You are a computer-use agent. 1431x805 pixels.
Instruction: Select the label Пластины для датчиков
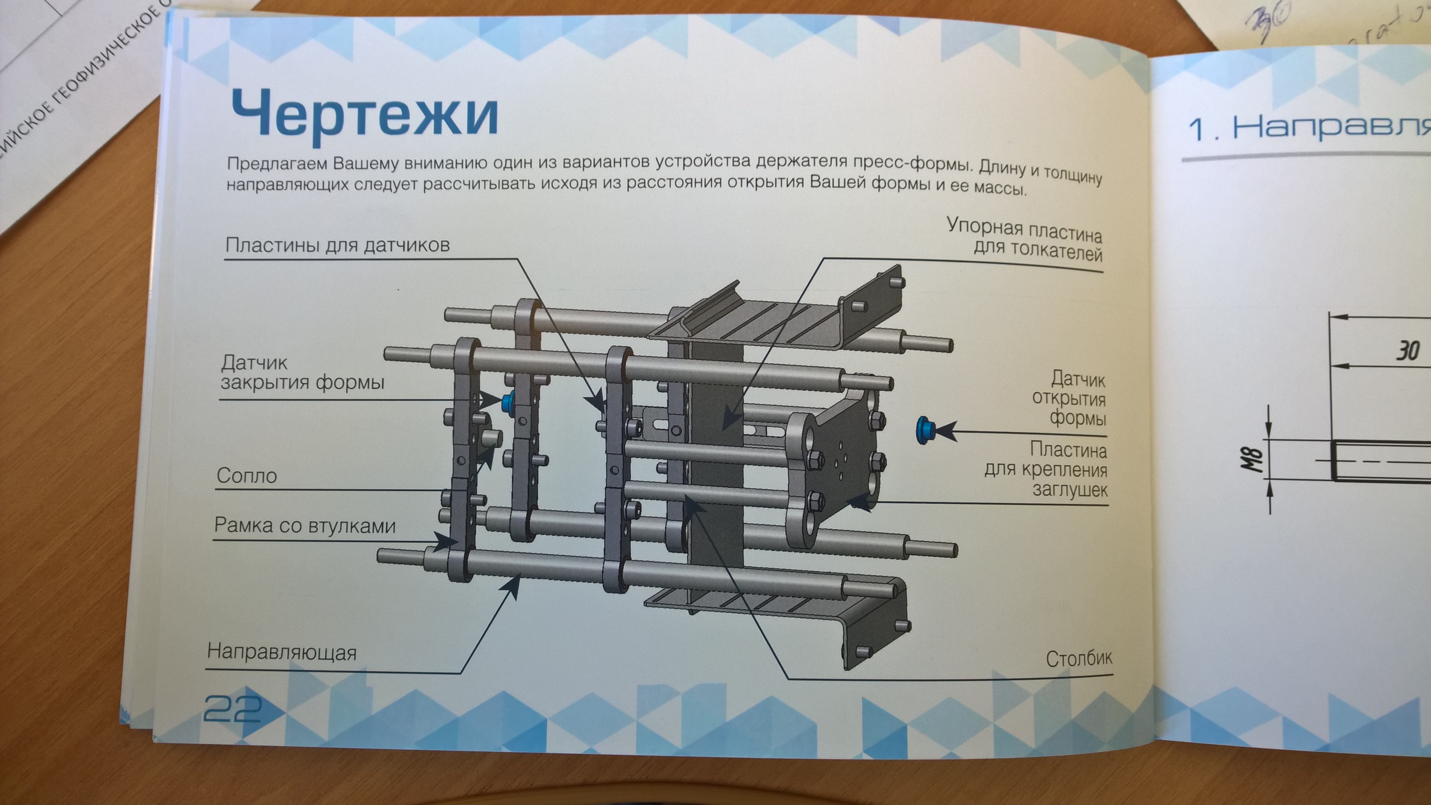(x=337, y=245)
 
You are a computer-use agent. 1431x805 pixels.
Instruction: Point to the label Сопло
(x=246, y=476)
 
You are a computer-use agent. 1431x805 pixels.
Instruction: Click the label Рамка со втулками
(x=305, y=525)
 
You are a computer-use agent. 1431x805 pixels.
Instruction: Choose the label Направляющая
(x=282, y=652)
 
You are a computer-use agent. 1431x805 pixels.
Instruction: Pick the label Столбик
(x=1078, y=659)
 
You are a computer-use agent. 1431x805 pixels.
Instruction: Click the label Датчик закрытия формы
(x=302, y=372)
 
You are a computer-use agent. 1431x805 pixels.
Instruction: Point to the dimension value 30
(x=1408, y=351)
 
